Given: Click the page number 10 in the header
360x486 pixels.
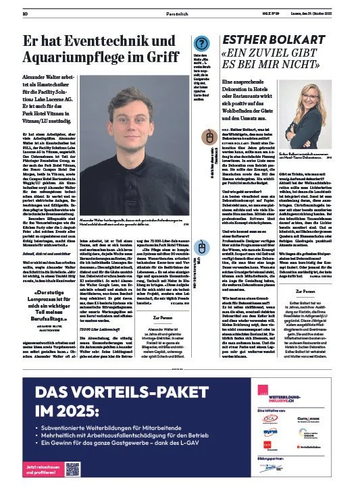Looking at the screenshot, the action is click(25, 13).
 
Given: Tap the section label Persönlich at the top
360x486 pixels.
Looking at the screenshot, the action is click(177, 13).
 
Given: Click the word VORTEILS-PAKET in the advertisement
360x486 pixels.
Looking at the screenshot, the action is click(128, 393).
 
